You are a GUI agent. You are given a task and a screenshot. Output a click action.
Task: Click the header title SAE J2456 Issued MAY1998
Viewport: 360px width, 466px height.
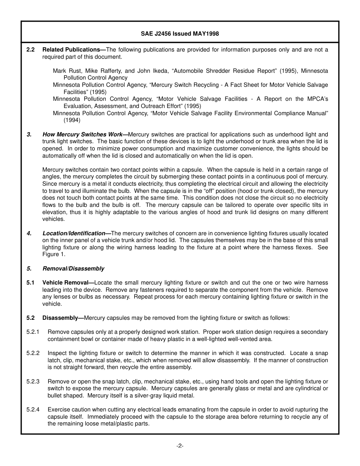coord(180,34)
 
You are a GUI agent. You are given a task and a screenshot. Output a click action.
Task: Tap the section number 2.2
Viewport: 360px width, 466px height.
coord(31,50)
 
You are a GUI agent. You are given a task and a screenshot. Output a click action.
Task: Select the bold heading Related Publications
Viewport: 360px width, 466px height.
coord(71,50)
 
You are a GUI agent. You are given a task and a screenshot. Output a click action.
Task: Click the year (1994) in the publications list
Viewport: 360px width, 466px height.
coord(72,120)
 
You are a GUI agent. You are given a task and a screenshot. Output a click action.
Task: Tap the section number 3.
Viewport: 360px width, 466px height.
coord(29,134)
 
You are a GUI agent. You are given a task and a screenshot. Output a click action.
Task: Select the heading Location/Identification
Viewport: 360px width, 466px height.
coord(74,233)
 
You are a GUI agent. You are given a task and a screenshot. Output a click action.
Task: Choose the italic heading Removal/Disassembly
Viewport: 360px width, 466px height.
coord(73,269)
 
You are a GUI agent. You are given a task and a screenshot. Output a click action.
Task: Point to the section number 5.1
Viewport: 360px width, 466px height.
coord(31,283)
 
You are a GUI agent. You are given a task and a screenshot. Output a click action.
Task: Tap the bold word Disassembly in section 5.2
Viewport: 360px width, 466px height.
coord(60,318)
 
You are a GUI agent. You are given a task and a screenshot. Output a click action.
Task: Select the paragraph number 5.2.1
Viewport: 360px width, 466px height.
coord(33,332)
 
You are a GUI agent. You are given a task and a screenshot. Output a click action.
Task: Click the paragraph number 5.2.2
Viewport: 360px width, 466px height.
coord(33,353)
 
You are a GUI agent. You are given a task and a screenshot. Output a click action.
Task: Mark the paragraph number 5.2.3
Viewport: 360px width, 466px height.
coord(33,382)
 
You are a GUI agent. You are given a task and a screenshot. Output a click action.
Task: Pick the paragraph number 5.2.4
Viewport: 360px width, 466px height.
coord(33,410)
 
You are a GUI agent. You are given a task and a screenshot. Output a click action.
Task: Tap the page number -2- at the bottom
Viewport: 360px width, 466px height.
coord(180,446)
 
